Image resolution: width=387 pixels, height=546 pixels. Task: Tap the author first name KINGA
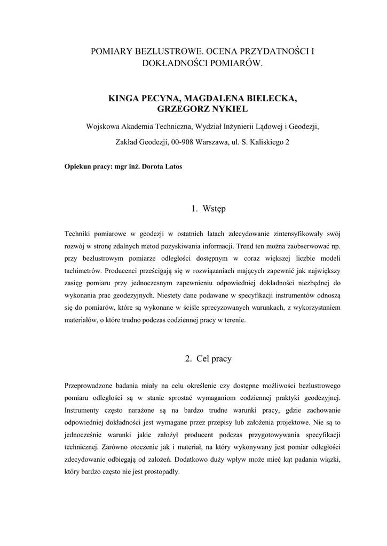(x=124, y=99)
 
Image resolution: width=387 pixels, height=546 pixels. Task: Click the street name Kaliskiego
(x=265, y=142)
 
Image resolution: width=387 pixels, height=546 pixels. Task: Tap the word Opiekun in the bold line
(x=77, y=167)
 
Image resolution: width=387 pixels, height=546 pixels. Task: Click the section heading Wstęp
(x=215, y=209)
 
